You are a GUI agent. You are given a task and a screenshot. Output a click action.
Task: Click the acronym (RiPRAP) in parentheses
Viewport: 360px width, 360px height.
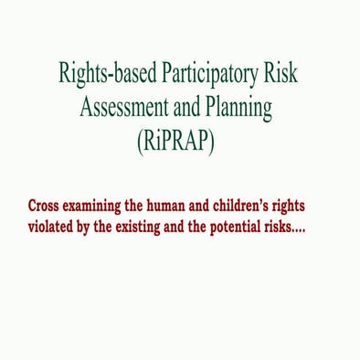(x=180, y=144)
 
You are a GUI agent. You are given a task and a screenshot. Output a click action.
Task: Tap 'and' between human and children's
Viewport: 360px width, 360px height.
(x=224, y=206)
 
